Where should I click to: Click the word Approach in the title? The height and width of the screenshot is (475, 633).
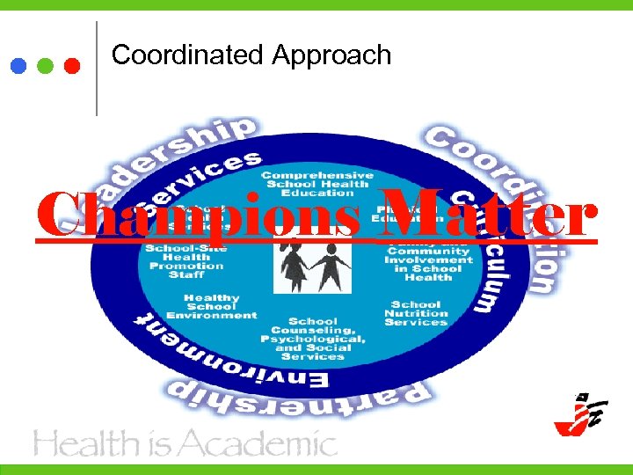tap(331, 56)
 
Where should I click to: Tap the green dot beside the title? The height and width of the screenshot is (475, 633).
tap(46, 66)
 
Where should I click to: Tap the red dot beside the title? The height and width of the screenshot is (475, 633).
tap(73, 66)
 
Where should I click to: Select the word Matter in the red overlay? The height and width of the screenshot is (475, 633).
tap(488, 215)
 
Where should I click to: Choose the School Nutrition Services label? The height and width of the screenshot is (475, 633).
tap(416, 314)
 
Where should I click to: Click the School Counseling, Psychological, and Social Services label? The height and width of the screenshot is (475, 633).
tap(313, 339)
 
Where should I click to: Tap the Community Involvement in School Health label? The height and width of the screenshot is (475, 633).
tap(429, 260)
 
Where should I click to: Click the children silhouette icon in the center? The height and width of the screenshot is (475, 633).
tap(311, 264)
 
